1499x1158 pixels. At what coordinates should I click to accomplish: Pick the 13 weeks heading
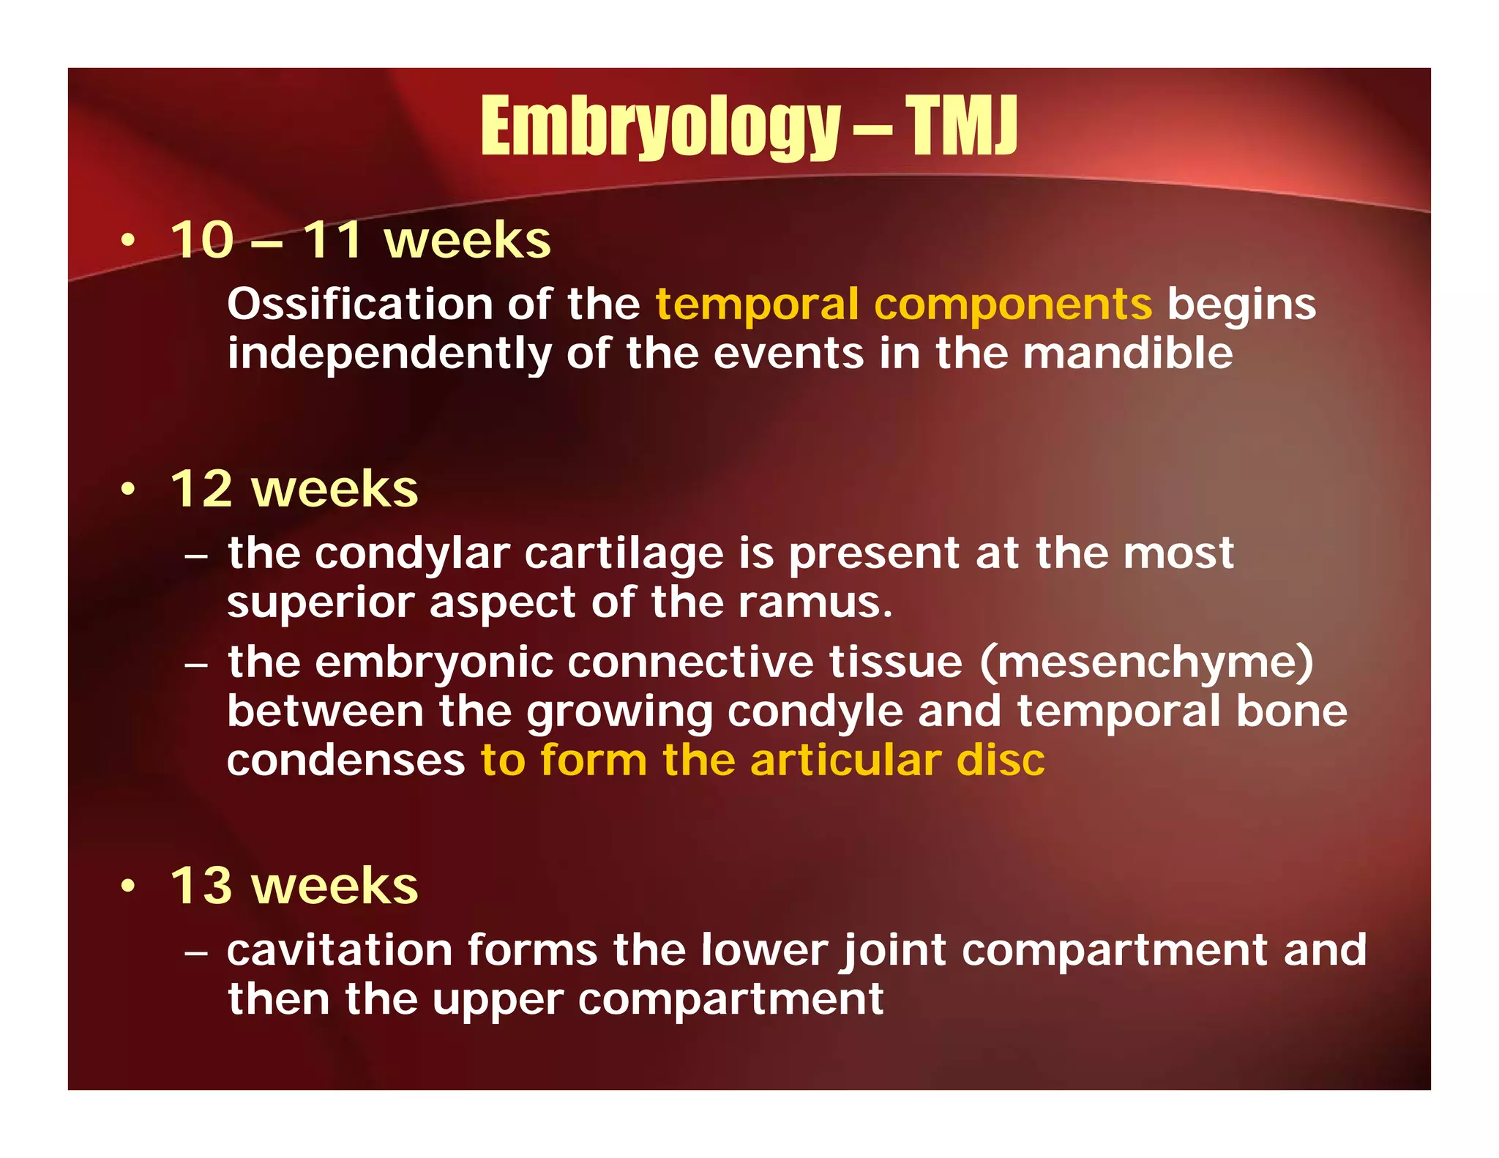294,886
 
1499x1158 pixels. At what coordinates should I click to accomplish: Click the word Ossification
359,304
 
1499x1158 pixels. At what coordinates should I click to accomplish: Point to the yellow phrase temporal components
903,304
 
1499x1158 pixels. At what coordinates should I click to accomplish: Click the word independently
389,355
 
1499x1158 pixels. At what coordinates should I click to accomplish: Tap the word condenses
345,761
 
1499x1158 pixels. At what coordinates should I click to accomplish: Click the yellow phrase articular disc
897,761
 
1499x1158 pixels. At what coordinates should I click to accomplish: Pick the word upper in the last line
498,1000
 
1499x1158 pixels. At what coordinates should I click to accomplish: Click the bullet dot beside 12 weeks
129,490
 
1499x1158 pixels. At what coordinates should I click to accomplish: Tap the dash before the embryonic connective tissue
196,665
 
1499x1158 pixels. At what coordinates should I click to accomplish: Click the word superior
320,604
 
